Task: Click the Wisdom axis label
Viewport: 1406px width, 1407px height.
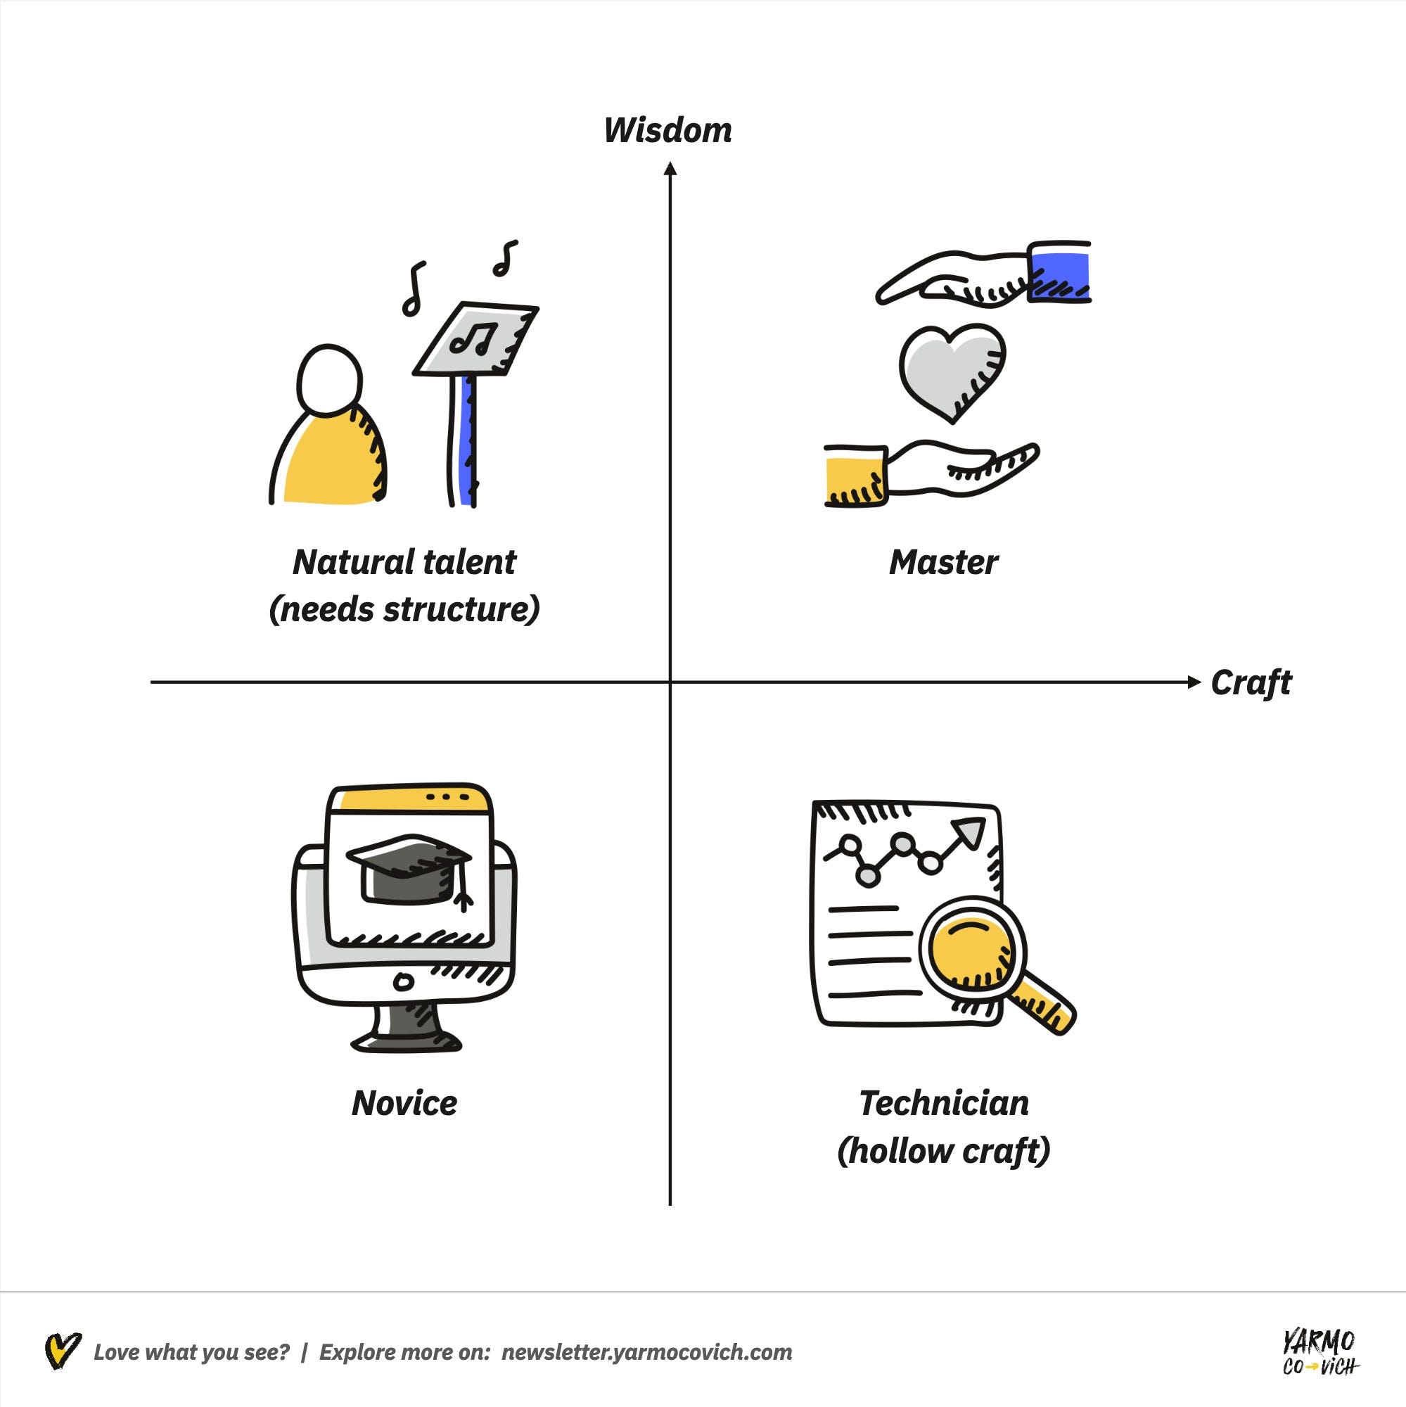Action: click(667, 130)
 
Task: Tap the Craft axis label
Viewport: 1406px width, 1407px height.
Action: click(1250, 683)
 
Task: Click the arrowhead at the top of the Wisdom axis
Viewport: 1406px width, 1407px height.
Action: click(670, 169)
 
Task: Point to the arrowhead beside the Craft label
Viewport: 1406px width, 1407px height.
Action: click(1194, 682)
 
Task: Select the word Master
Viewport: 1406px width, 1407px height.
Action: click(943, 563)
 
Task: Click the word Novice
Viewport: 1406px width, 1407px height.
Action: click(404, 1103)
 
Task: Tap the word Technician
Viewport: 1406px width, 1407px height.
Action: click(944, 1103)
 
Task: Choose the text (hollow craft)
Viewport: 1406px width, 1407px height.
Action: click(944, 1151)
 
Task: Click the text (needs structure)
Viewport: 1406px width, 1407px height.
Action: click(404, 609)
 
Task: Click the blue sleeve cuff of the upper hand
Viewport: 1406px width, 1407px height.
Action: click(1061, 271)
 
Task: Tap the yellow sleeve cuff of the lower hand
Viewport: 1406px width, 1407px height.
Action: click(854, 476)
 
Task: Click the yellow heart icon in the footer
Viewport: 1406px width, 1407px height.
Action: click(62, 1351)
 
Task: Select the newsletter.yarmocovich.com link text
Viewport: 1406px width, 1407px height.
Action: click(646, 1352)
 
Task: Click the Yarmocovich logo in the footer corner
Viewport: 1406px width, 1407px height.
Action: click(1319, 1352)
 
